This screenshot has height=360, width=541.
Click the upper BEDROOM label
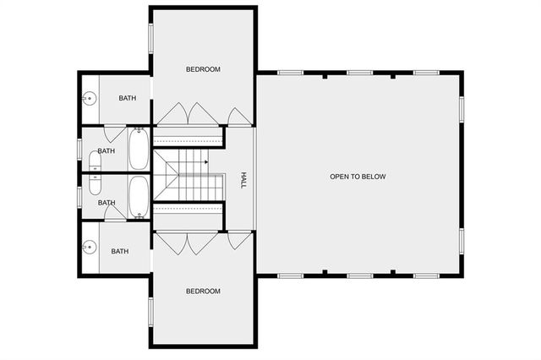coord(203,69)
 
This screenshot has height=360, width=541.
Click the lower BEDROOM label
coord(203,292)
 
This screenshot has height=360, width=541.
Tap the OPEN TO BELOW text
coord(358,177)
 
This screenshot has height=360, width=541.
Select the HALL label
coord(243,180)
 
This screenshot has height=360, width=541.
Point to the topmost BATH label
coord(127,99)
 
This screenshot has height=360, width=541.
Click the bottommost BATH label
coord(120,251)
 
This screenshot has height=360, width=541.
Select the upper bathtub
coord(139,149)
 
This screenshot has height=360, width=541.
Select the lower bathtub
coord(139,198)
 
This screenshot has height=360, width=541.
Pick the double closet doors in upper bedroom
coord(189,114)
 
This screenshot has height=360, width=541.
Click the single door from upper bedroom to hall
coord(240,117)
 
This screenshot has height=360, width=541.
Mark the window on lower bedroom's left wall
coord(150,313)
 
